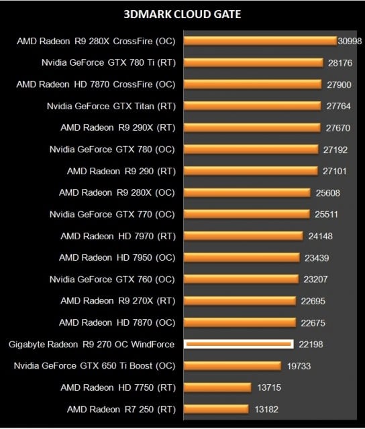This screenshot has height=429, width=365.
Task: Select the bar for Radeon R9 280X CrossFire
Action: tap(260, 41)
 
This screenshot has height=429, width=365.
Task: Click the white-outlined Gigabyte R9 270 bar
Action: tap(239, 345)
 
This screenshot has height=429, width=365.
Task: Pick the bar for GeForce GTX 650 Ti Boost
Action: tap(232, 365)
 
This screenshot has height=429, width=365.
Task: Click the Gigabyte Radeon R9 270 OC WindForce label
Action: tap(91, 345)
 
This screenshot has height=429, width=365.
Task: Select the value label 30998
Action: tap(350, 42)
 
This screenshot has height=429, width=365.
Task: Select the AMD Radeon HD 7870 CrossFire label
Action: tap(96, 84)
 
